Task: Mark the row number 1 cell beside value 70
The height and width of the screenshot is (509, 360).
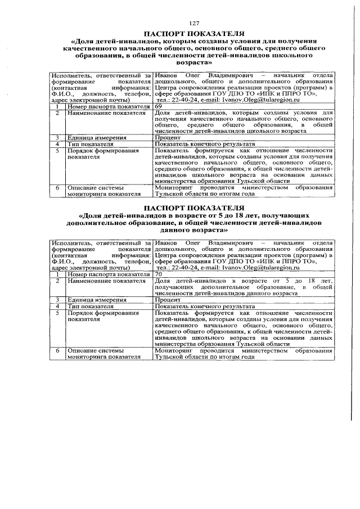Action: [x=57, y=274]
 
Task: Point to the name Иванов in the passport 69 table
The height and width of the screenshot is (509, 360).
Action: [x=168, y=75]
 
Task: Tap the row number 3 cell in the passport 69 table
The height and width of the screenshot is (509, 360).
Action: [x=57, y=137]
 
